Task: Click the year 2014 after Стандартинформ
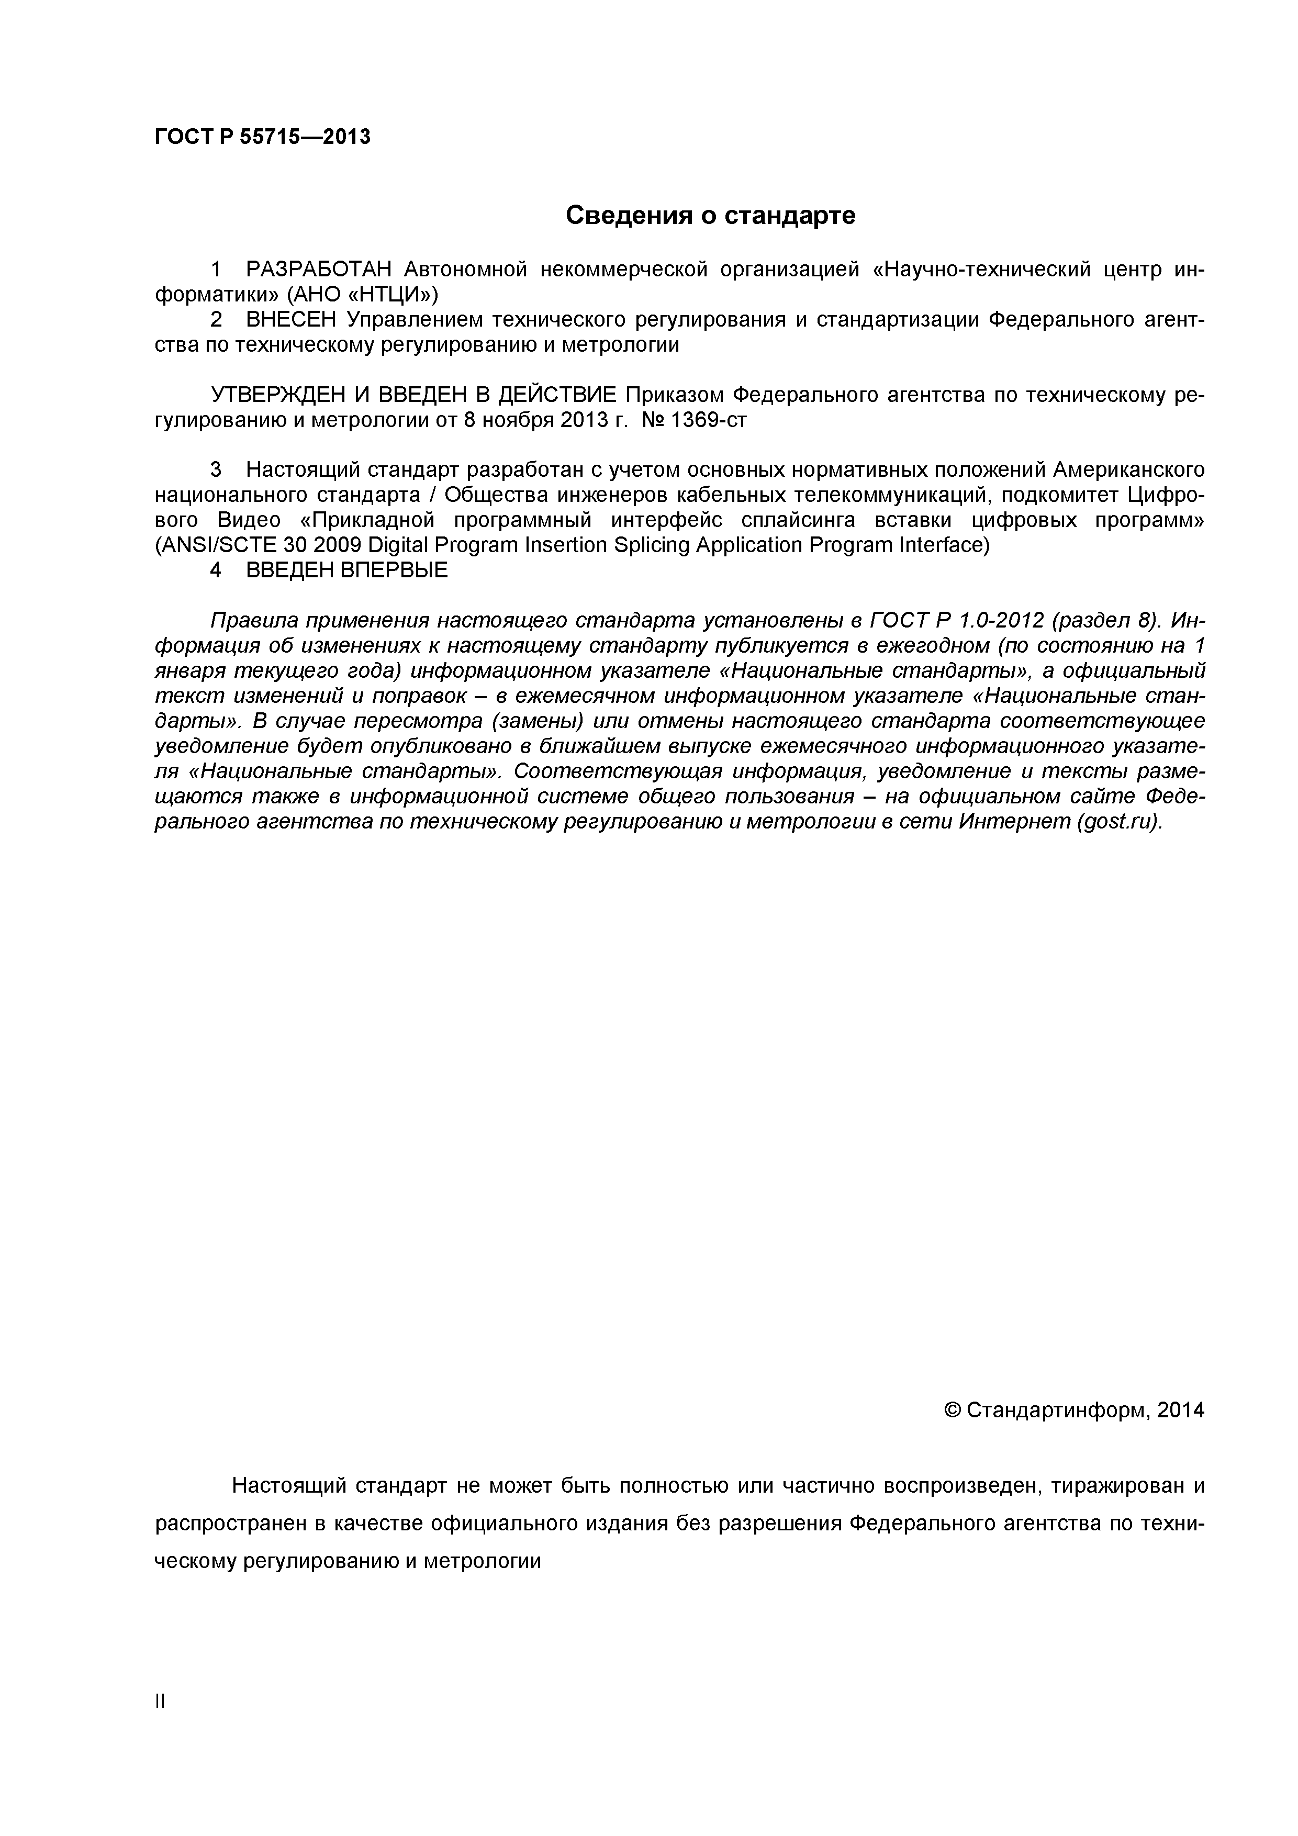[x=1180, y=1410]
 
